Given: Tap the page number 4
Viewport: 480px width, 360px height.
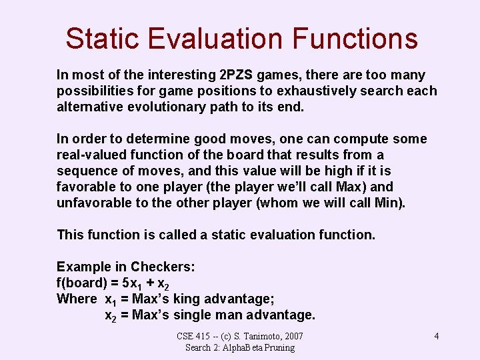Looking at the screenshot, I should [x=437, y=336].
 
